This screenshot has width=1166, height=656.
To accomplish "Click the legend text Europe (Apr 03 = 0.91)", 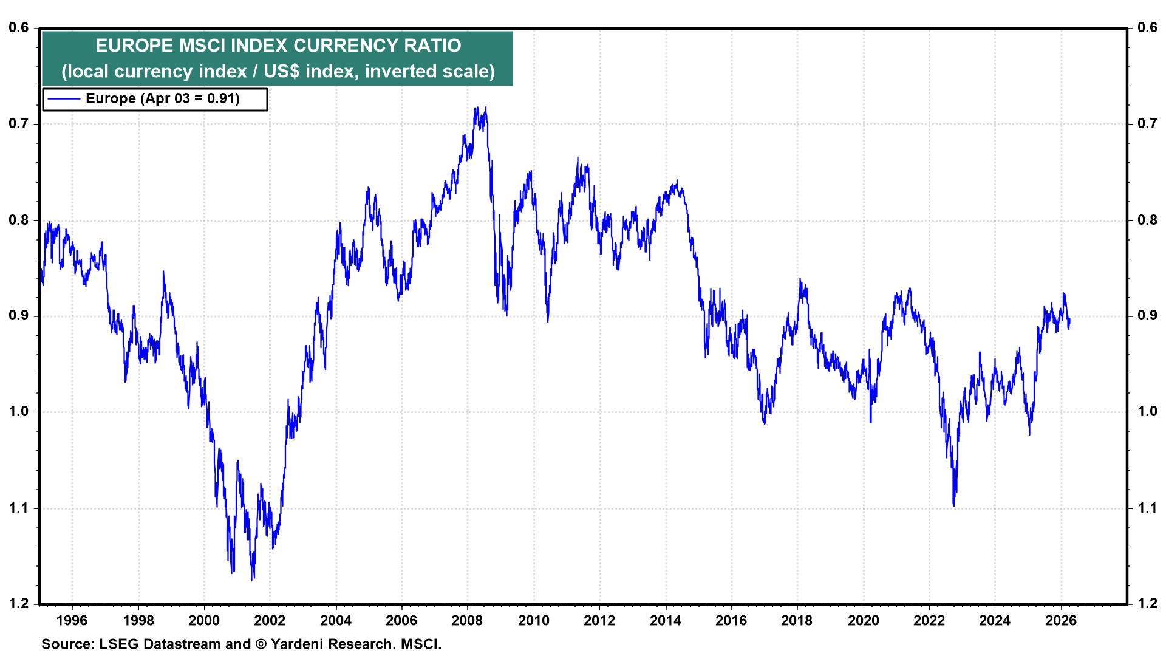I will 163,99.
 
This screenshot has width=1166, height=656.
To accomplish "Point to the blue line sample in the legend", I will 64,99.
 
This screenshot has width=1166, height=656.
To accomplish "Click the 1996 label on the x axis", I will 72,620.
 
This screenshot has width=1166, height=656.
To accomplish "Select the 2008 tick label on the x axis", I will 467,620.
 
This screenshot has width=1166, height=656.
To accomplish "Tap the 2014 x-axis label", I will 665,620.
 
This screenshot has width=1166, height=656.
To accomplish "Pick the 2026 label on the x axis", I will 1060,620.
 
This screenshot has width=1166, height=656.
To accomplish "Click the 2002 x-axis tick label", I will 270,620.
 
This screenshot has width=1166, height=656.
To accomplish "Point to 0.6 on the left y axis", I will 19,28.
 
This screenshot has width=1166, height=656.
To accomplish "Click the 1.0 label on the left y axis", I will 19,412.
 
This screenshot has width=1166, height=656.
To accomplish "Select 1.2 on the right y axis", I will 1147,603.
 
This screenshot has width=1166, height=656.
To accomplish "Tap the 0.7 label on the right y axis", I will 1147,124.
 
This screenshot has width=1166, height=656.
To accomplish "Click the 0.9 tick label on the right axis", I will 1147,316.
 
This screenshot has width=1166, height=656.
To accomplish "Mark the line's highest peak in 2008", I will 476,108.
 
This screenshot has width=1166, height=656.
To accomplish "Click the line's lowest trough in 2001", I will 252,579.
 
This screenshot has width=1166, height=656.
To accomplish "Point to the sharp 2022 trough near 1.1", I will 953,505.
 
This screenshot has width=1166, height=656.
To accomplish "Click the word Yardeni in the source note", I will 295,644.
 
